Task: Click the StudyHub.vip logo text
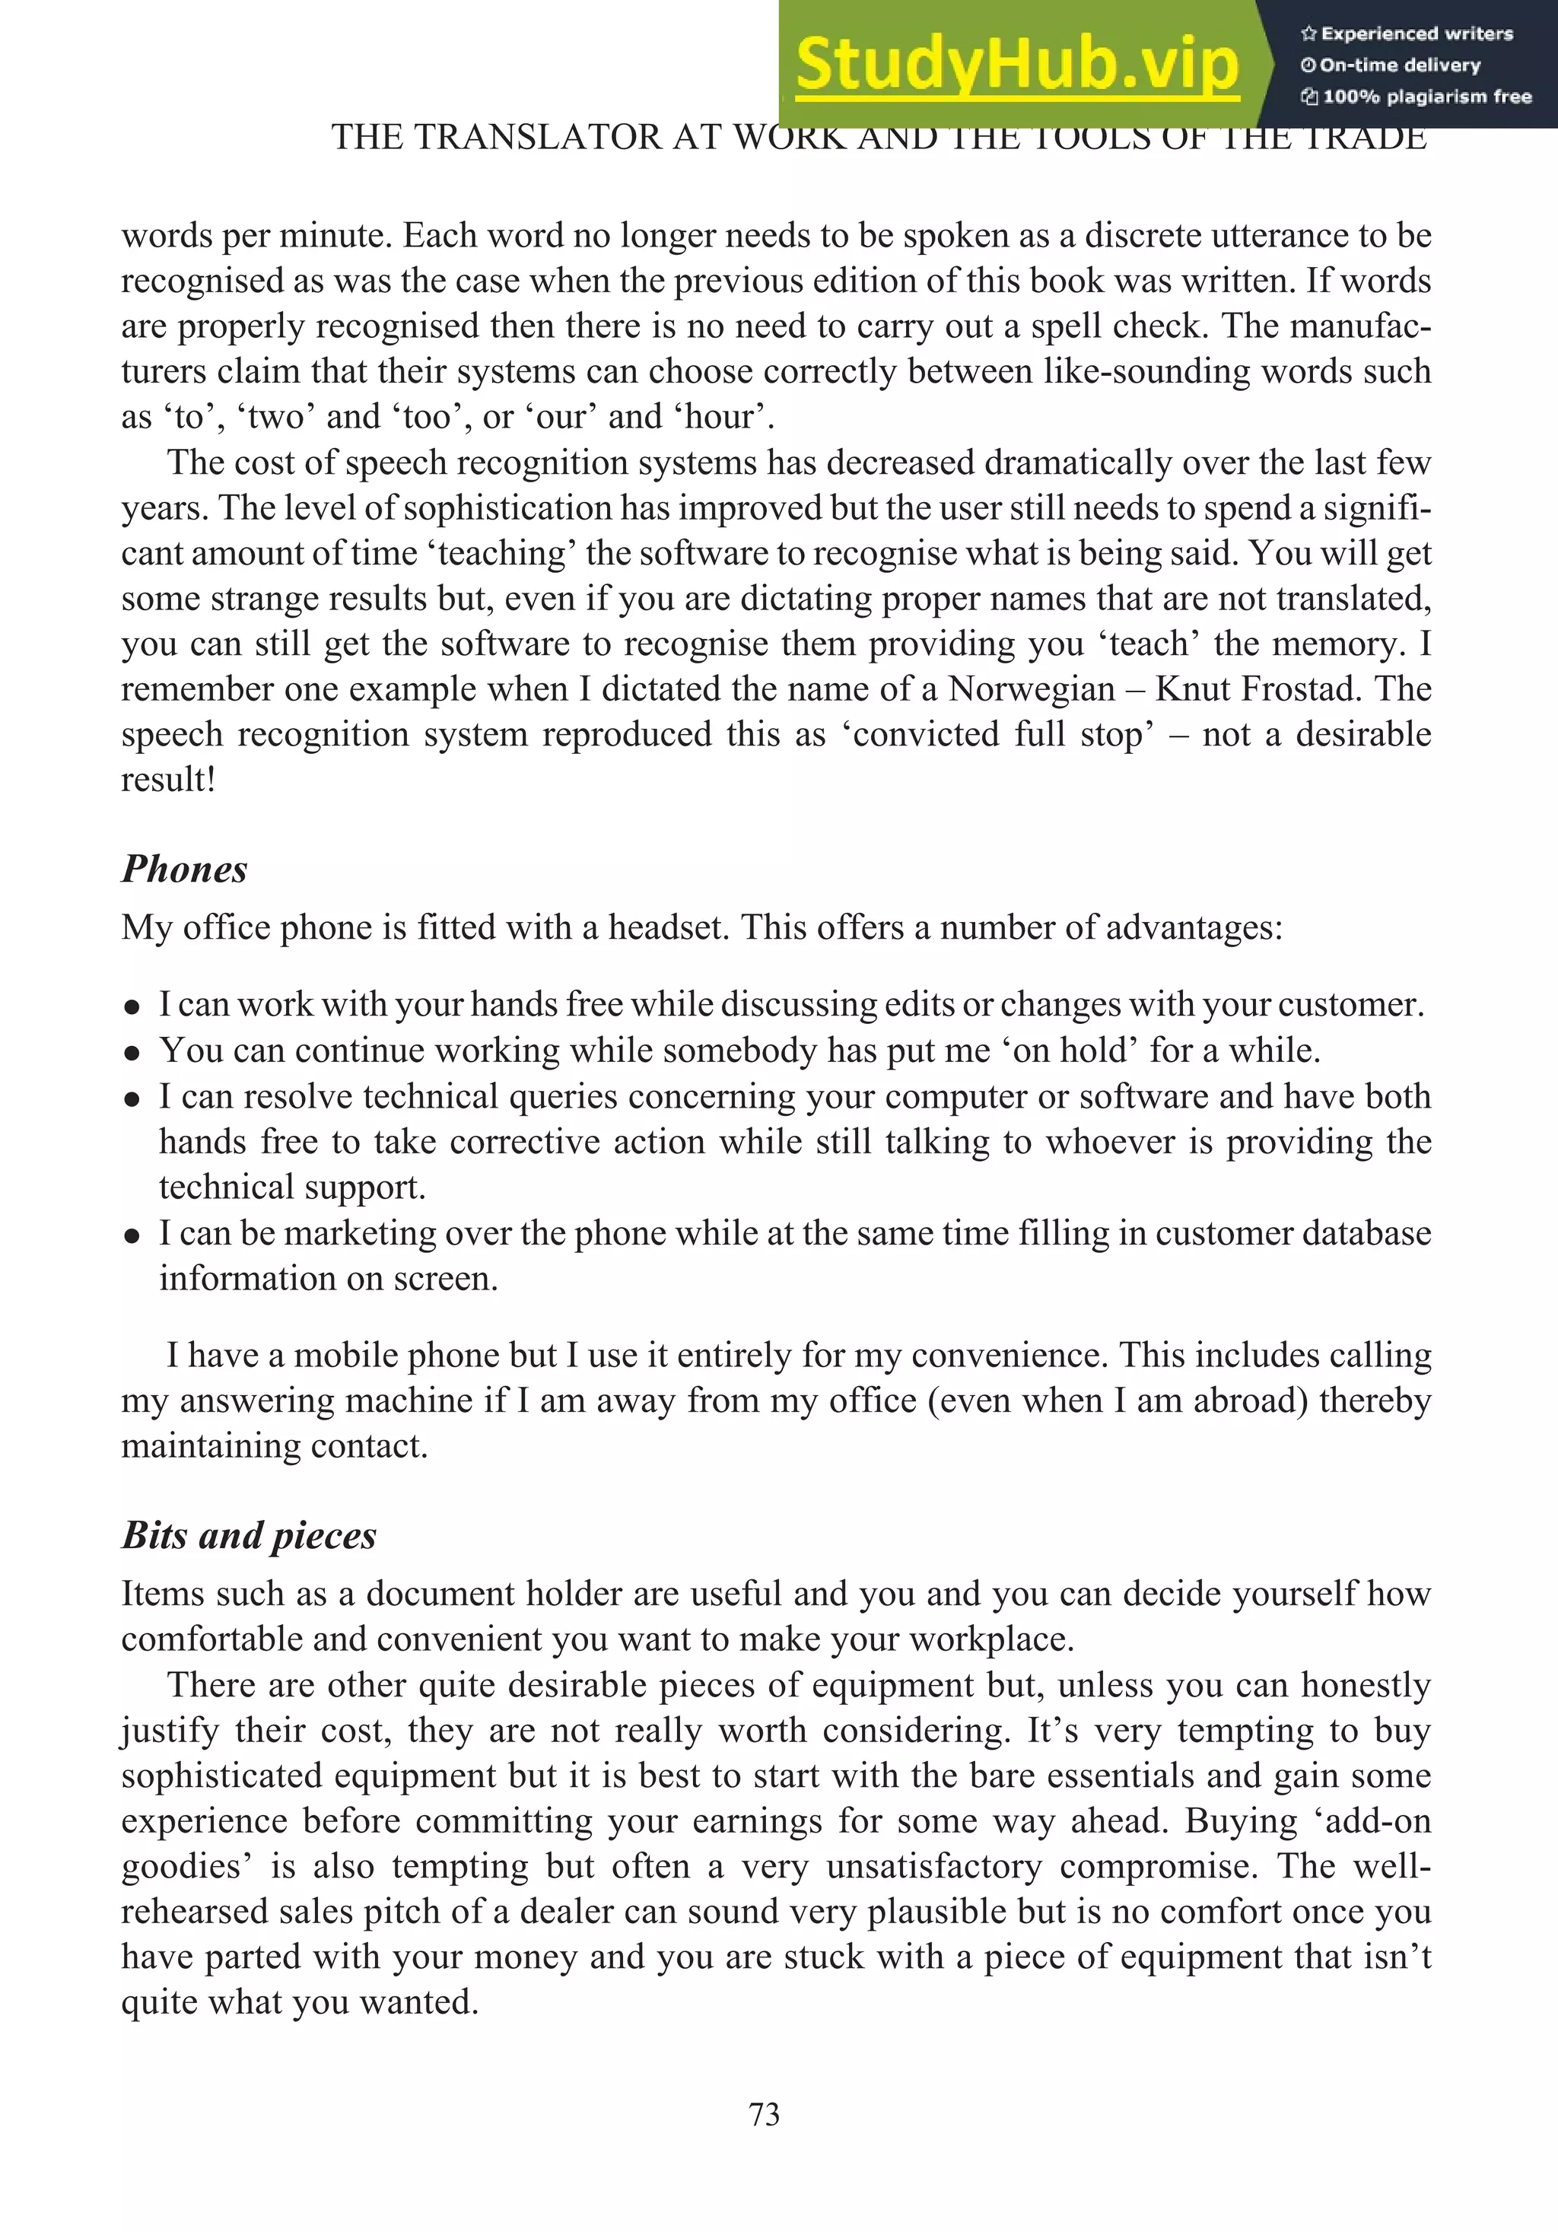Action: (1016, 64)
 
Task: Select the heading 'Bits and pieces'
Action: (249, 1535)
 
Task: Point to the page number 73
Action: (764, 2114)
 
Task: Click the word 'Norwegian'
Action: (1032, 689)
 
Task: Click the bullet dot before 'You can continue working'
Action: (132, 1053)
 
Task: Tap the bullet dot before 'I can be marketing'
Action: (132, 1235)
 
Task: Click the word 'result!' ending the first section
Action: (167, 780)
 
